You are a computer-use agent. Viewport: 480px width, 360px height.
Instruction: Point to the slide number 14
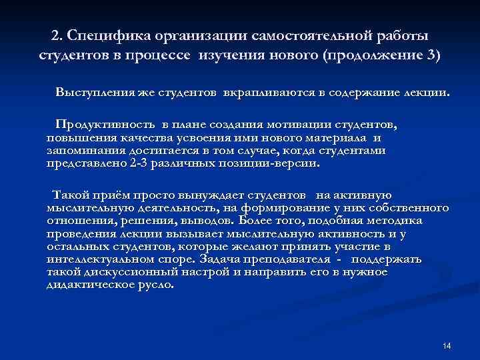coord(447,345)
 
